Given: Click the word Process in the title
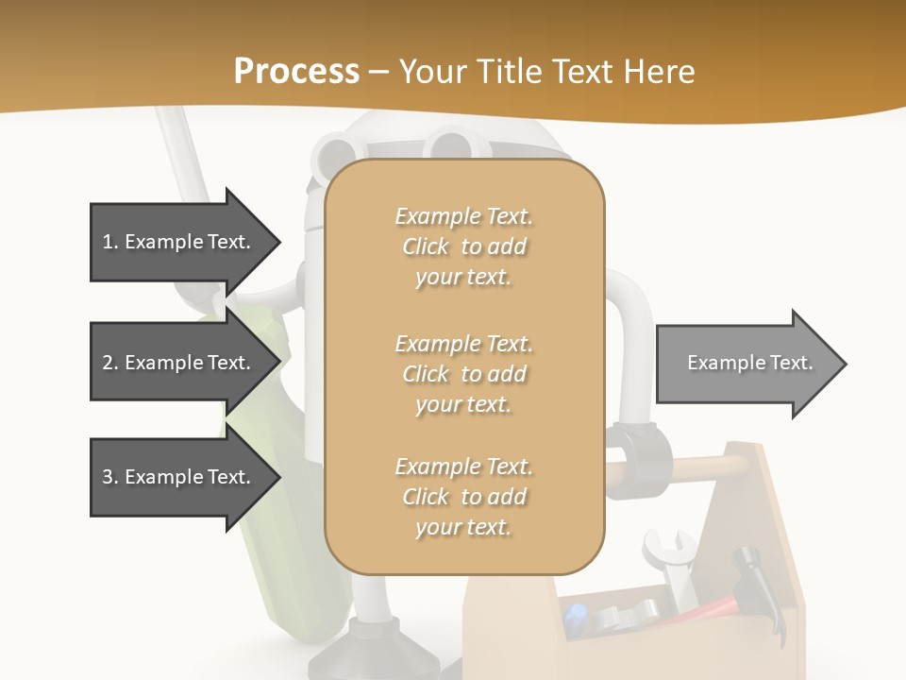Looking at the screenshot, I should (x=296, y=72).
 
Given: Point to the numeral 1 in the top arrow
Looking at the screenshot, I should (x=108, y=242).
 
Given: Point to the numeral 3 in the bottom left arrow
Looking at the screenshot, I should (x=108, y=477).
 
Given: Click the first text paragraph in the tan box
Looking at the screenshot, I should (x=463, y=246).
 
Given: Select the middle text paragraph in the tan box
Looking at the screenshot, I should (x=463, y=373).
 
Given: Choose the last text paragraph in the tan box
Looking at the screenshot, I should (x=463, y=497).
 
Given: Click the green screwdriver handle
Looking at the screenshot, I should (x=274, y=529).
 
